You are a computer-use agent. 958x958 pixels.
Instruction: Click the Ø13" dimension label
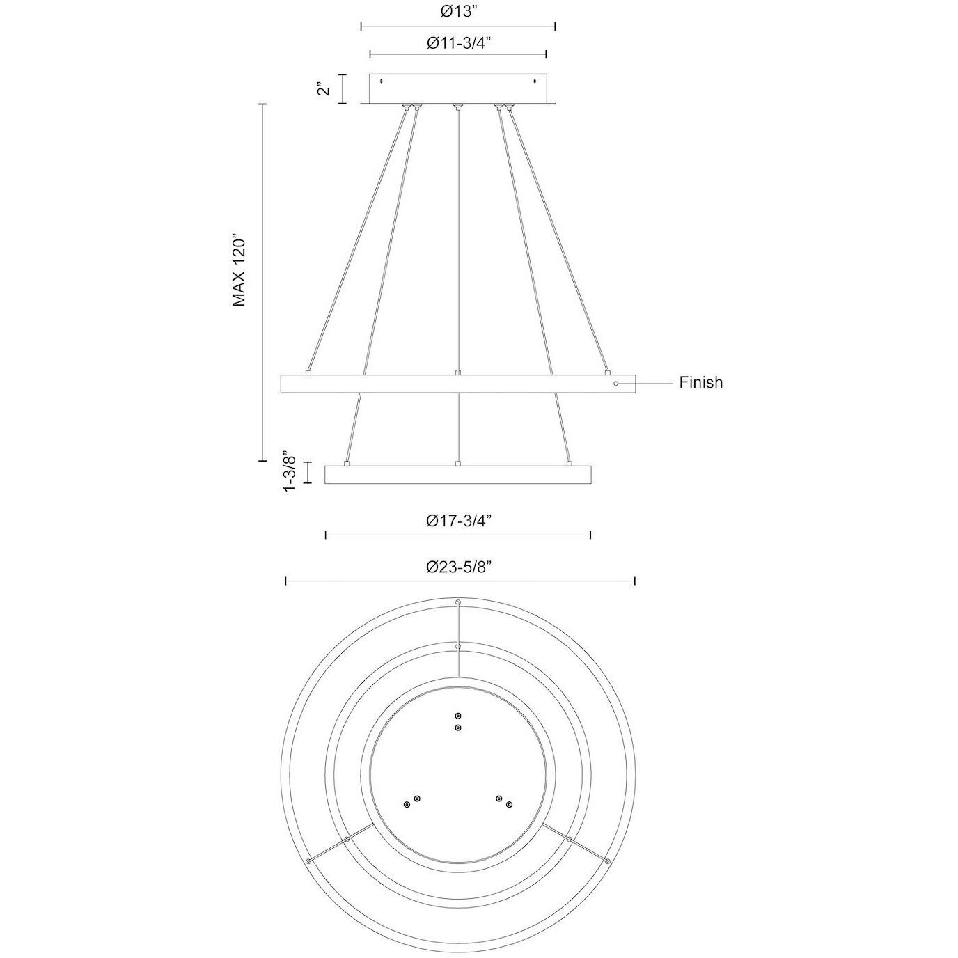click(x=457, y=12)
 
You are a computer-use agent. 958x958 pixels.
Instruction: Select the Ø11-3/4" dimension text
click(x=458, y=42)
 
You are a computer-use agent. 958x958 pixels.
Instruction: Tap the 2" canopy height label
click(x=322, y=89)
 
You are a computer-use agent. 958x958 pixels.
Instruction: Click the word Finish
click(x=700, y=382)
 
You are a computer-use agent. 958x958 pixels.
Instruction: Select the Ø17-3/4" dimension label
click(x=459, y=520)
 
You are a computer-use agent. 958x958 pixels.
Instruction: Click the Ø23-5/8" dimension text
click(x=459, y=567)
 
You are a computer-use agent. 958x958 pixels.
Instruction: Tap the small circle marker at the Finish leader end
click(x=615, y=383)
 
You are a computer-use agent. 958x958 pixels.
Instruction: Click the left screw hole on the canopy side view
click(x=381, y=82)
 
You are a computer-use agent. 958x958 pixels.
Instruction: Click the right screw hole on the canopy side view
click(x=535, y=82)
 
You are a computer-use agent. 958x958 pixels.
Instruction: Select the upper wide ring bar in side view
click(x=457, y=384)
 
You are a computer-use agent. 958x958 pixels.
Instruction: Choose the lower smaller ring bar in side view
click(x=457, y=474)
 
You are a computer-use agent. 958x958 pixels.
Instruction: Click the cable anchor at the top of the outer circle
click(x=457, y=602)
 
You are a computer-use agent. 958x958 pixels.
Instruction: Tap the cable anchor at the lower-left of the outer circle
click(x=308, y=861)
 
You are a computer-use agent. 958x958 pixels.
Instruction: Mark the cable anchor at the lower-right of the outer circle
click(x=608, y=861)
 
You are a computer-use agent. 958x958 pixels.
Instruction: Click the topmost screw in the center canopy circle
click(x=457, y=716)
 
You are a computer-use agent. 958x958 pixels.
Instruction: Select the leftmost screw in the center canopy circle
click(x=407, y=805)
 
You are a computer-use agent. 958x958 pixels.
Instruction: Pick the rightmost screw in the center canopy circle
click(x=510, y=805)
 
